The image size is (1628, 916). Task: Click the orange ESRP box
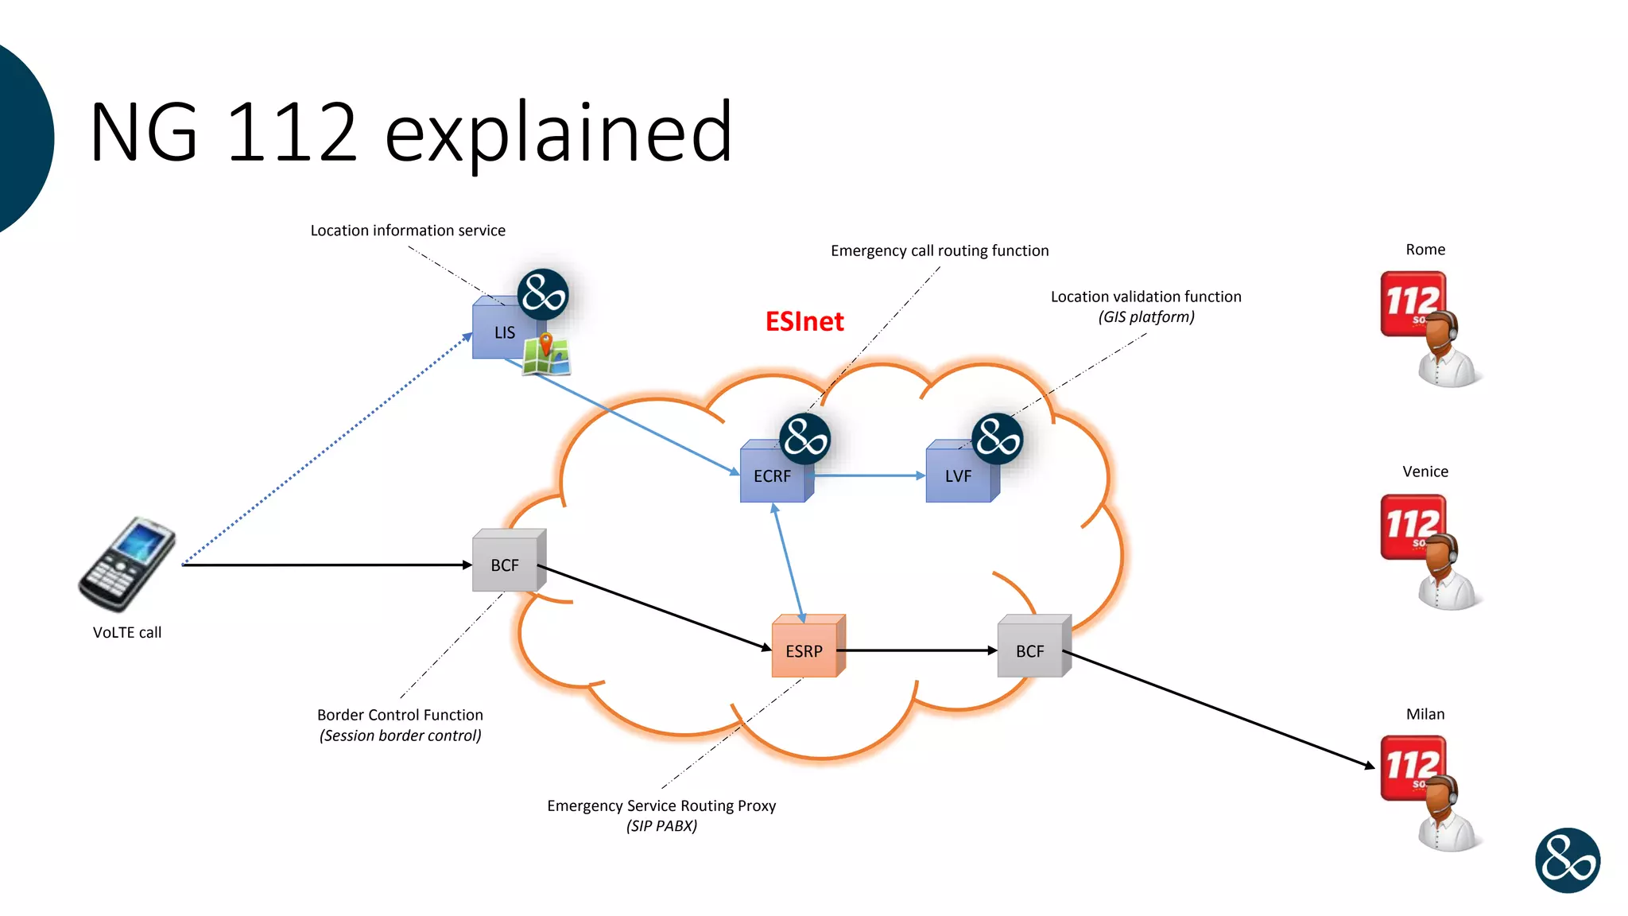804,650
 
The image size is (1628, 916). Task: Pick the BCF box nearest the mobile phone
505,565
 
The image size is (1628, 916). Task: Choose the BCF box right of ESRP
1030,650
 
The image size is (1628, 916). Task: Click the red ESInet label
804,321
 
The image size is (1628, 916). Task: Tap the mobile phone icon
127,565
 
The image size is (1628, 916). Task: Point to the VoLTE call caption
127,632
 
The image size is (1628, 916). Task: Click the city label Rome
1425,250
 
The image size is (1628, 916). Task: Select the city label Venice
1425,472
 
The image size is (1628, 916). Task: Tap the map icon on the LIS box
547,355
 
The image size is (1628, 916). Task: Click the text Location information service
408,231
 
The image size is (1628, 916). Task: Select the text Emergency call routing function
940,250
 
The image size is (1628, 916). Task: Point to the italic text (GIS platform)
1146,316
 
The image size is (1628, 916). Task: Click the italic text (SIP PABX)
661,825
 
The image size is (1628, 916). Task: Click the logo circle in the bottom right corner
1567,860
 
